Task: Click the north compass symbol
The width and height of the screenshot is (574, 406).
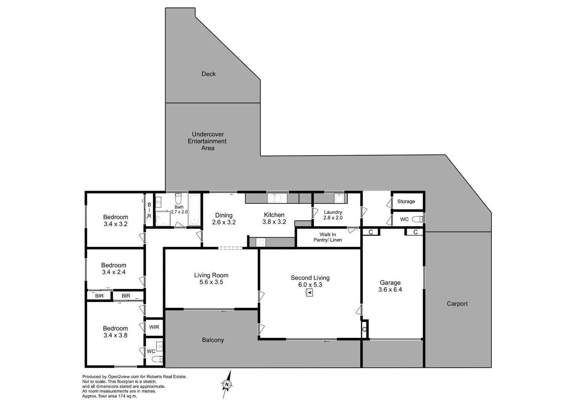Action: (227, 384)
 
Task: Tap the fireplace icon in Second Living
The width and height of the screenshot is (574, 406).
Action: (310, 292)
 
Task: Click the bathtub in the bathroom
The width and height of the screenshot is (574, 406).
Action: (194, 210)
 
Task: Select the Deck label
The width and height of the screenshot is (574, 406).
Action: (208, 74)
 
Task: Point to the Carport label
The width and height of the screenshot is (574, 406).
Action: (457, 304)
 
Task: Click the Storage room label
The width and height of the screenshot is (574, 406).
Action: (406, 201)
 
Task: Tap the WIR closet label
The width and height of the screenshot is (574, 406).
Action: (154, 327)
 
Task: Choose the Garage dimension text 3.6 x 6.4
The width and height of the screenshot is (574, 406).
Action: (390, 289)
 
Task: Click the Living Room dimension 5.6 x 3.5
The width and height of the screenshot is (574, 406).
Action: (211, 282)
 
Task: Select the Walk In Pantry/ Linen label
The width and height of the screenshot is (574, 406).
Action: (328, 237)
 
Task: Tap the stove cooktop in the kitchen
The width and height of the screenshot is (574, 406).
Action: (260, 242)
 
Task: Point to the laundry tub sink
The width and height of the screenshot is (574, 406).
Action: (339, 198)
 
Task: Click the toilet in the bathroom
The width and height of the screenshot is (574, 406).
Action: (178, 198)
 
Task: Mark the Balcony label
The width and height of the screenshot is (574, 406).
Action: (213, 340)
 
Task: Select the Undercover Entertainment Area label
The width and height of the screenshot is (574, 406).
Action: (207, 141)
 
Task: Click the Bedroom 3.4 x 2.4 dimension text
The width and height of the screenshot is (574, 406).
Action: (113, 272)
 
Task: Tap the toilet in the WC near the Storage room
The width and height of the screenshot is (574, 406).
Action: (417, 219)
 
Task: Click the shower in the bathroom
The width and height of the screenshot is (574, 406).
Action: (163, 218)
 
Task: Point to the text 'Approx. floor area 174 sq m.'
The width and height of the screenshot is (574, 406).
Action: (110, 396)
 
